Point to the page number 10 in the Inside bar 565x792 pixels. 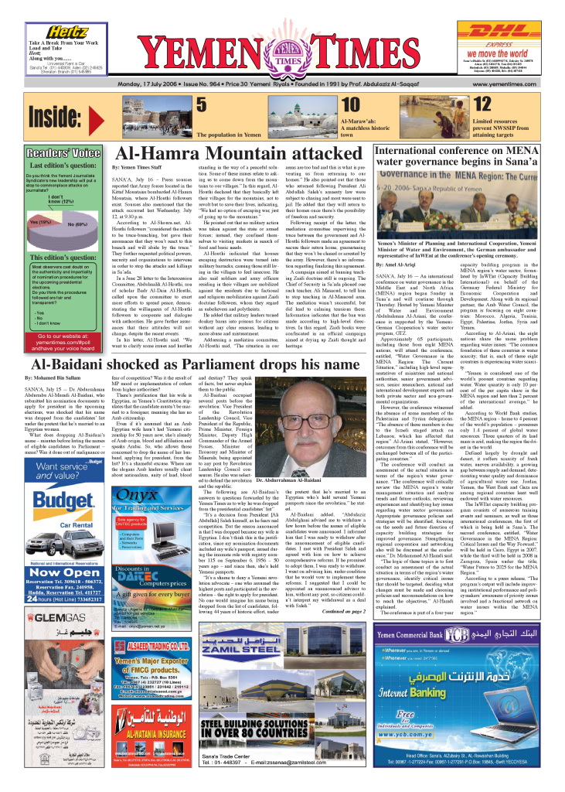click(350, 105)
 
